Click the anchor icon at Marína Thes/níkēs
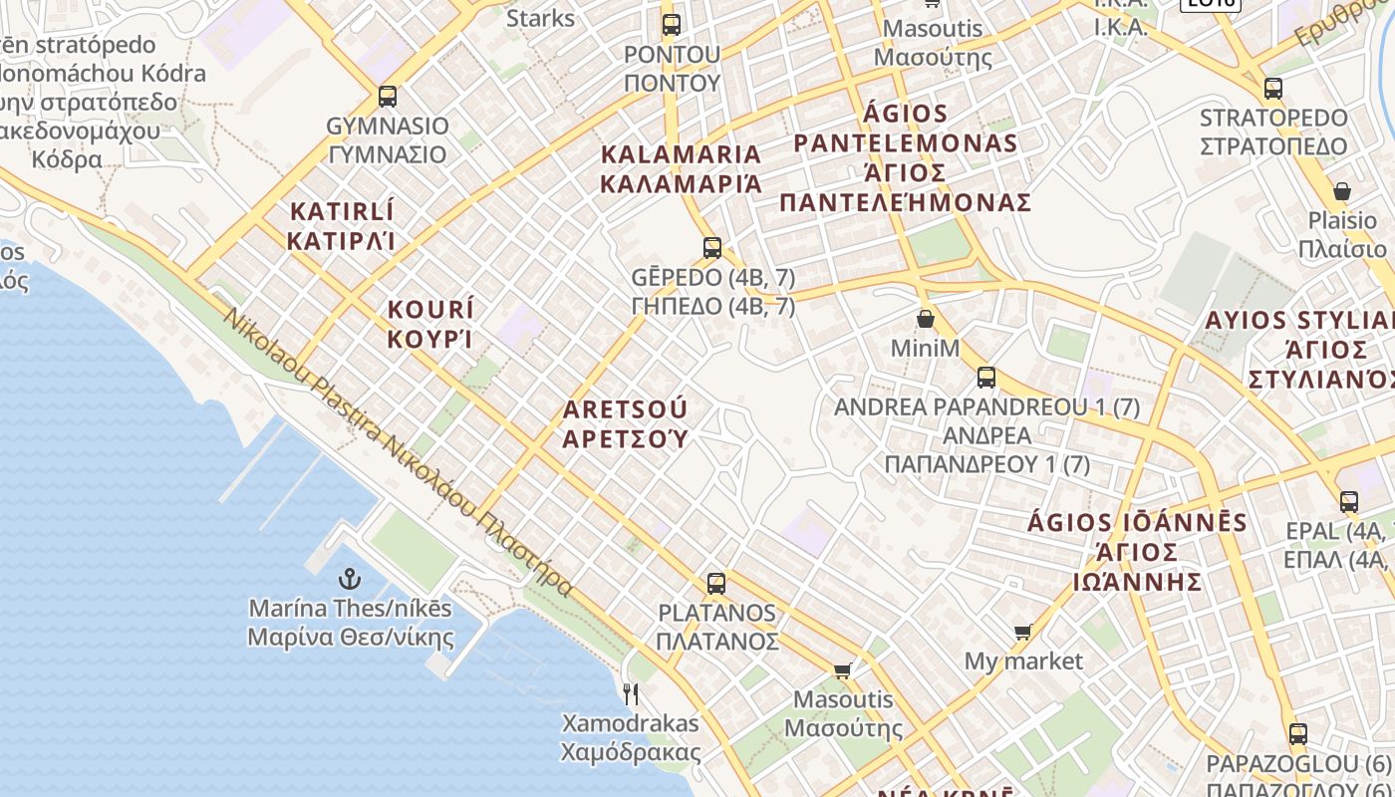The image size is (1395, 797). pos(350,579)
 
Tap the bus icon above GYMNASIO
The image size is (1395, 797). pos(388,97)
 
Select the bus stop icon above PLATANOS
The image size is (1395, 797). pos(715,584)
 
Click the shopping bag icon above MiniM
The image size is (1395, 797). pos(926,319)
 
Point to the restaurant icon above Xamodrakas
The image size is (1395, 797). pos(631,693)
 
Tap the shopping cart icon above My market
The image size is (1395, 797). pos(1022,632)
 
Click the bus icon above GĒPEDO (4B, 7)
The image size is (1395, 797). pos(711,247)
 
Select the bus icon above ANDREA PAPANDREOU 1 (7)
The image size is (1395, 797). pos(986,378)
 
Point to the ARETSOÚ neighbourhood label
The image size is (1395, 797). pos(626,424)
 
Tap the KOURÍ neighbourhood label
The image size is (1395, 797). pos(430,324)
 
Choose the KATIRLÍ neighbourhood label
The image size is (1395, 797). pos(342,226)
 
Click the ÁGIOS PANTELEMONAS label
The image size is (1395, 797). pos(905,157)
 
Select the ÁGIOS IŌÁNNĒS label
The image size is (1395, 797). pos(1137,552)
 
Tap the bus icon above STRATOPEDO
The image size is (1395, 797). pos(1272,89)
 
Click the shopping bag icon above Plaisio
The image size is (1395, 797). pos(1341,191)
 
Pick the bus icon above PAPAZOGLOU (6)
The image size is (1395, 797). pos(1297,734)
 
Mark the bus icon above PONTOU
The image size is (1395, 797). pos(672,25)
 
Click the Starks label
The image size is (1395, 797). pos(540,18)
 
